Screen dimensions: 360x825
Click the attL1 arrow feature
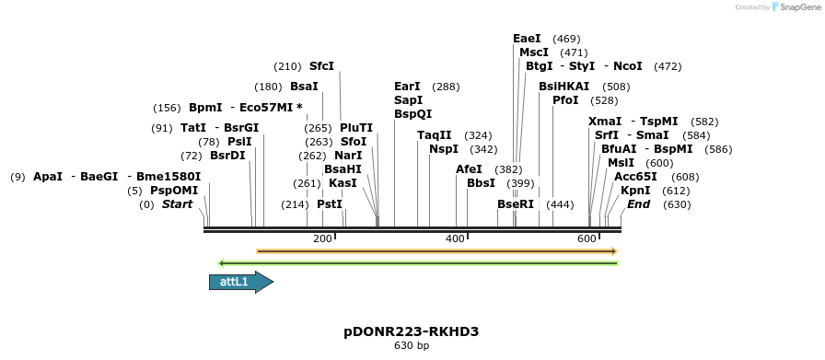click(x=240, y=282)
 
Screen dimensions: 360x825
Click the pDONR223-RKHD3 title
click(x=412, y=331)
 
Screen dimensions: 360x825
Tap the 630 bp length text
click(x=412, y=346)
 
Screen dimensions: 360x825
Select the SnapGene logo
click(x=794, y=7)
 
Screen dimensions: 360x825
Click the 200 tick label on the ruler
click(x=322, y=238)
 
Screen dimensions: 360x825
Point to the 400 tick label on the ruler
click(x=455, y=238)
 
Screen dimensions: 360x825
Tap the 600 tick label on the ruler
click(x=587, y=238)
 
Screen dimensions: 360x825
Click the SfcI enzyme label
click(x=321, y=66)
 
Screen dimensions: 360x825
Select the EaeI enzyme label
click(x=527, y=39)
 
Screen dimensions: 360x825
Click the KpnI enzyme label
click(x=635, y=191)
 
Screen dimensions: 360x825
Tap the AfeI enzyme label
click(x=469, y=169)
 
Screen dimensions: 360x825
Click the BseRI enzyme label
click(x=516, y=204)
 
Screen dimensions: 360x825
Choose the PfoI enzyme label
click(x=565, y=100)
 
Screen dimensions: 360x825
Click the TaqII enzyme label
click(x=435, y=135)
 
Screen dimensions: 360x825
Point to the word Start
click(x=177, y=204)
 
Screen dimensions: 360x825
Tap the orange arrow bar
click(x=436, y=250)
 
